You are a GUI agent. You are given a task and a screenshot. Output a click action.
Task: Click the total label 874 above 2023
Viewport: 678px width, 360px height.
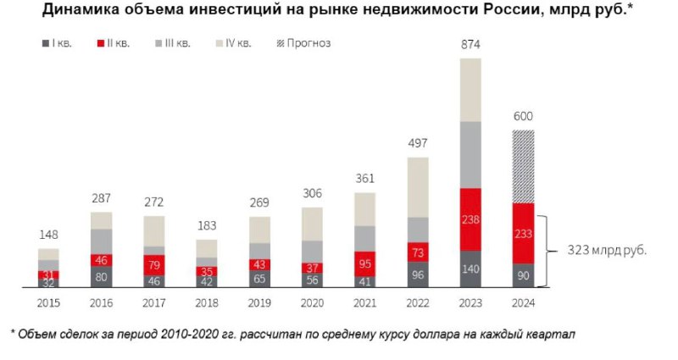click(x=470, y=43)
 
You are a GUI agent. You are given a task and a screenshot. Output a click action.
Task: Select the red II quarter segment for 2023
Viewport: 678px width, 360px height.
click(x=470, y=219)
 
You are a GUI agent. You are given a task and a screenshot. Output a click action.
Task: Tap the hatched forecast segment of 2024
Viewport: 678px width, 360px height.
click(x=524, y=166)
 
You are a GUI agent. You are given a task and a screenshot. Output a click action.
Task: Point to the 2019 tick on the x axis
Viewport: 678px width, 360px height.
click(x=260, y=302)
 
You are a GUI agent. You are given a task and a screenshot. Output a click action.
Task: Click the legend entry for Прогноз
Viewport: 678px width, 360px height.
click(x=304, y=42)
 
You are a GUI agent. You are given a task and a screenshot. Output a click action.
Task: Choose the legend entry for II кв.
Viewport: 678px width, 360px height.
click(x=114, y=42)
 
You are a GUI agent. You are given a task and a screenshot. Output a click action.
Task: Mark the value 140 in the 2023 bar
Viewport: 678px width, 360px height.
click(x=470, y=270)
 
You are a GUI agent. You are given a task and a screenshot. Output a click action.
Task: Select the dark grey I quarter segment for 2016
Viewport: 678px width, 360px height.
click(x=101, y=276)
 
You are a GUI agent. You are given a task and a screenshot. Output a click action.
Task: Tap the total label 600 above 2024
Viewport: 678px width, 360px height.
click(x=524, y=116)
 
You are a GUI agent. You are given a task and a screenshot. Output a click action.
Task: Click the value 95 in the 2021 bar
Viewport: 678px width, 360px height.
click(x=365, y=263)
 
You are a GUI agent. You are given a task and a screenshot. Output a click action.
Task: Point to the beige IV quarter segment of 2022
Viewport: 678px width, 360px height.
click(x=418, y=187)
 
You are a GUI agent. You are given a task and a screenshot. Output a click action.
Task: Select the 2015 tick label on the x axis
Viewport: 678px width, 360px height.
click(x=48, y=302)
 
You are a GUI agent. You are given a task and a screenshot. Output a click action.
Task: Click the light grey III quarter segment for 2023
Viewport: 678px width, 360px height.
click(x=470, y=154)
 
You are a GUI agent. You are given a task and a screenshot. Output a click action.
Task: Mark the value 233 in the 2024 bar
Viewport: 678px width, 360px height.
click(x=524, y=233)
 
